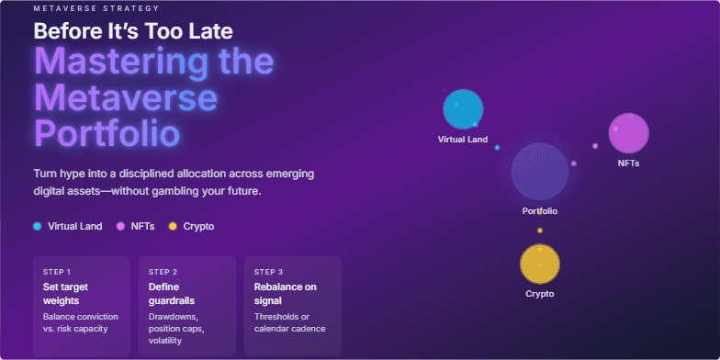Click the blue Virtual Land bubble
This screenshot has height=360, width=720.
[x=463, y=109]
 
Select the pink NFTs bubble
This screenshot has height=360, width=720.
[x=629, y=133]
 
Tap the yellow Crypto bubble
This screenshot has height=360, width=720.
[x=540, y=264]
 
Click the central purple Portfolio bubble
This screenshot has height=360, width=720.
[x=540, y=172]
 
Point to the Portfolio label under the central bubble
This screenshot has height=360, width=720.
[x=540, y=211]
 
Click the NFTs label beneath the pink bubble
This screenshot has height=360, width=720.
[x=629, y=163]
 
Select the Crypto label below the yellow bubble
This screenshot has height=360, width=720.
[x=540, y=294]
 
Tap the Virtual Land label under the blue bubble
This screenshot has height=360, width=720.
[x=463, y=140]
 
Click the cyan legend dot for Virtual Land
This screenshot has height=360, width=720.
[x=37, y=226]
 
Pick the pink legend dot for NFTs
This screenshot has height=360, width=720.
[x=120, y=226]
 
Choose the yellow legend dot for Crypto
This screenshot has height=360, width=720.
[x=172, y=226]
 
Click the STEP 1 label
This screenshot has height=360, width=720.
[x=57, y=272]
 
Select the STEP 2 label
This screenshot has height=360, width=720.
[x=163, y=272]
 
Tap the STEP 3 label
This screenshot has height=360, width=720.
[x=268, y=272]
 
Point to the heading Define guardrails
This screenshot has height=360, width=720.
[x=171, y=294]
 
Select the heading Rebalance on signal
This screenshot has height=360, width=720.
[x=285, y=294]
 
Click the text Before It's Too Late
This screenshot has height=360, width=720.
[x=133, y=30]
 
